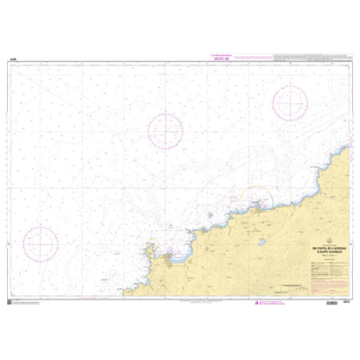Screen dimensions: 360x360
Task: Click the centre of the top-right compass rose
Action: [x=290, y=103]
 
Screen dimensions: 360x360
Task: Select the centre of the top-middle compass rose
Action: [x=165, y=130]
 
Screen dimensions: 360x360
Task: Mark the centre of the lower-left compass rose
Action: [x=40, y=242]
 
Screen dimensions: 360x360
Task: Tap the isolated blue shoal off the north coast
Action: [x=209, y=214]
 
